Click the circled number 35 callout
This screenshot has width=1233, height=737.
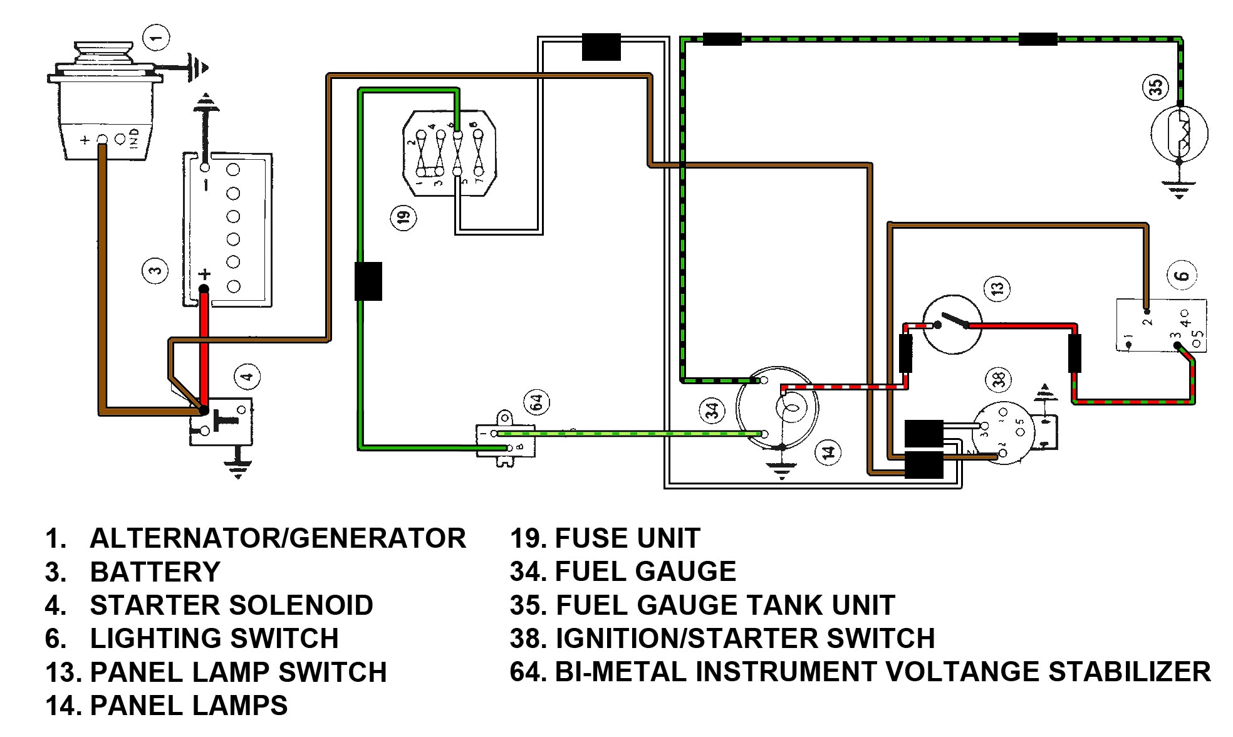click(x=1156, y=86)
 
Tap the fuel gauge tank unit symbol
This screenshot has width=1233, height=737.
click(x=1179, y=134)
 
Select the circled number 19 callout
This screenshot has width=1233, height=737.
click(x=402, y=217)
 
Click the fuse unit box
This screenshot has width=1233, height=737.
click(x=449, y=154)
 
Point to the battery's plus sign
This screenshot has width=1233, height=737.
click(x=204, y=274)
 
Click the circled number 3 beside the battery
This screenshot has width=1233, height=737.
click(x=155, y=271)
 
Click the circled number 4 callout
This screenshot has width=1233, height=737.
click(x=247, y=377)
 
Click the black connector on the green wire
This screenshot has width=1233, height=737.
click(x=368, y=281)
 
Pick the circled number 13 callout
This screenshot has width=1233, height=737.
click(x=997, y=288)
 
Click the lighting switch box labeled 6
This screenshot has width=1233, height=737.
click(x=1161, y=325)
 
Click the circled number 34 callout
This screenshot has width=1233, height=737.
click(x=712, y=411)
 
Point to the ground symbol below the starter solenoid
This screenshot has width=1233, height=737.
click(x=237, y=467)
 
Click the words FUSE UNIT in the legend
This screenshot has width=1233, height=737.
click(x=627, y=538)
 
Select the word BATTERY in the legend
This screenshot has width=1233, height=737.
click(x=155, y=572)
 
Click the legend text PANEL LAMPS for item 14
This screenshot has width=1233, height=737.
click(x=189, y=706)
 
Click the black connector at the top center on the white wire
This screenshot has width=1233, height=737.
click(x=601, y=47)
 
